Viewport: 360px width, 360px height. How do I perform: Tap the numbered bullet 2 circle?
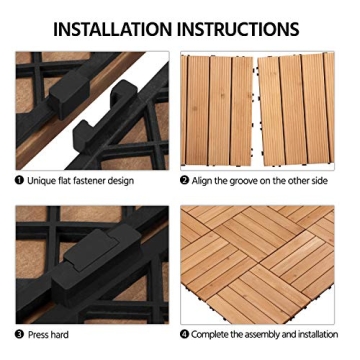click(186, 182)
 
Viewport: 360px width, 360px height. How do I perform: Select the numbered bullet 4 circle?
click(186, 334)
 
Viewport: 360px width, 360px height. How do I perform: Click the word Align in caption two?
click(207, 182)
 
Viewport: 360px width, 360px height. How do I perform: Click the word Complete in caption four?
click(217, 334)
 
